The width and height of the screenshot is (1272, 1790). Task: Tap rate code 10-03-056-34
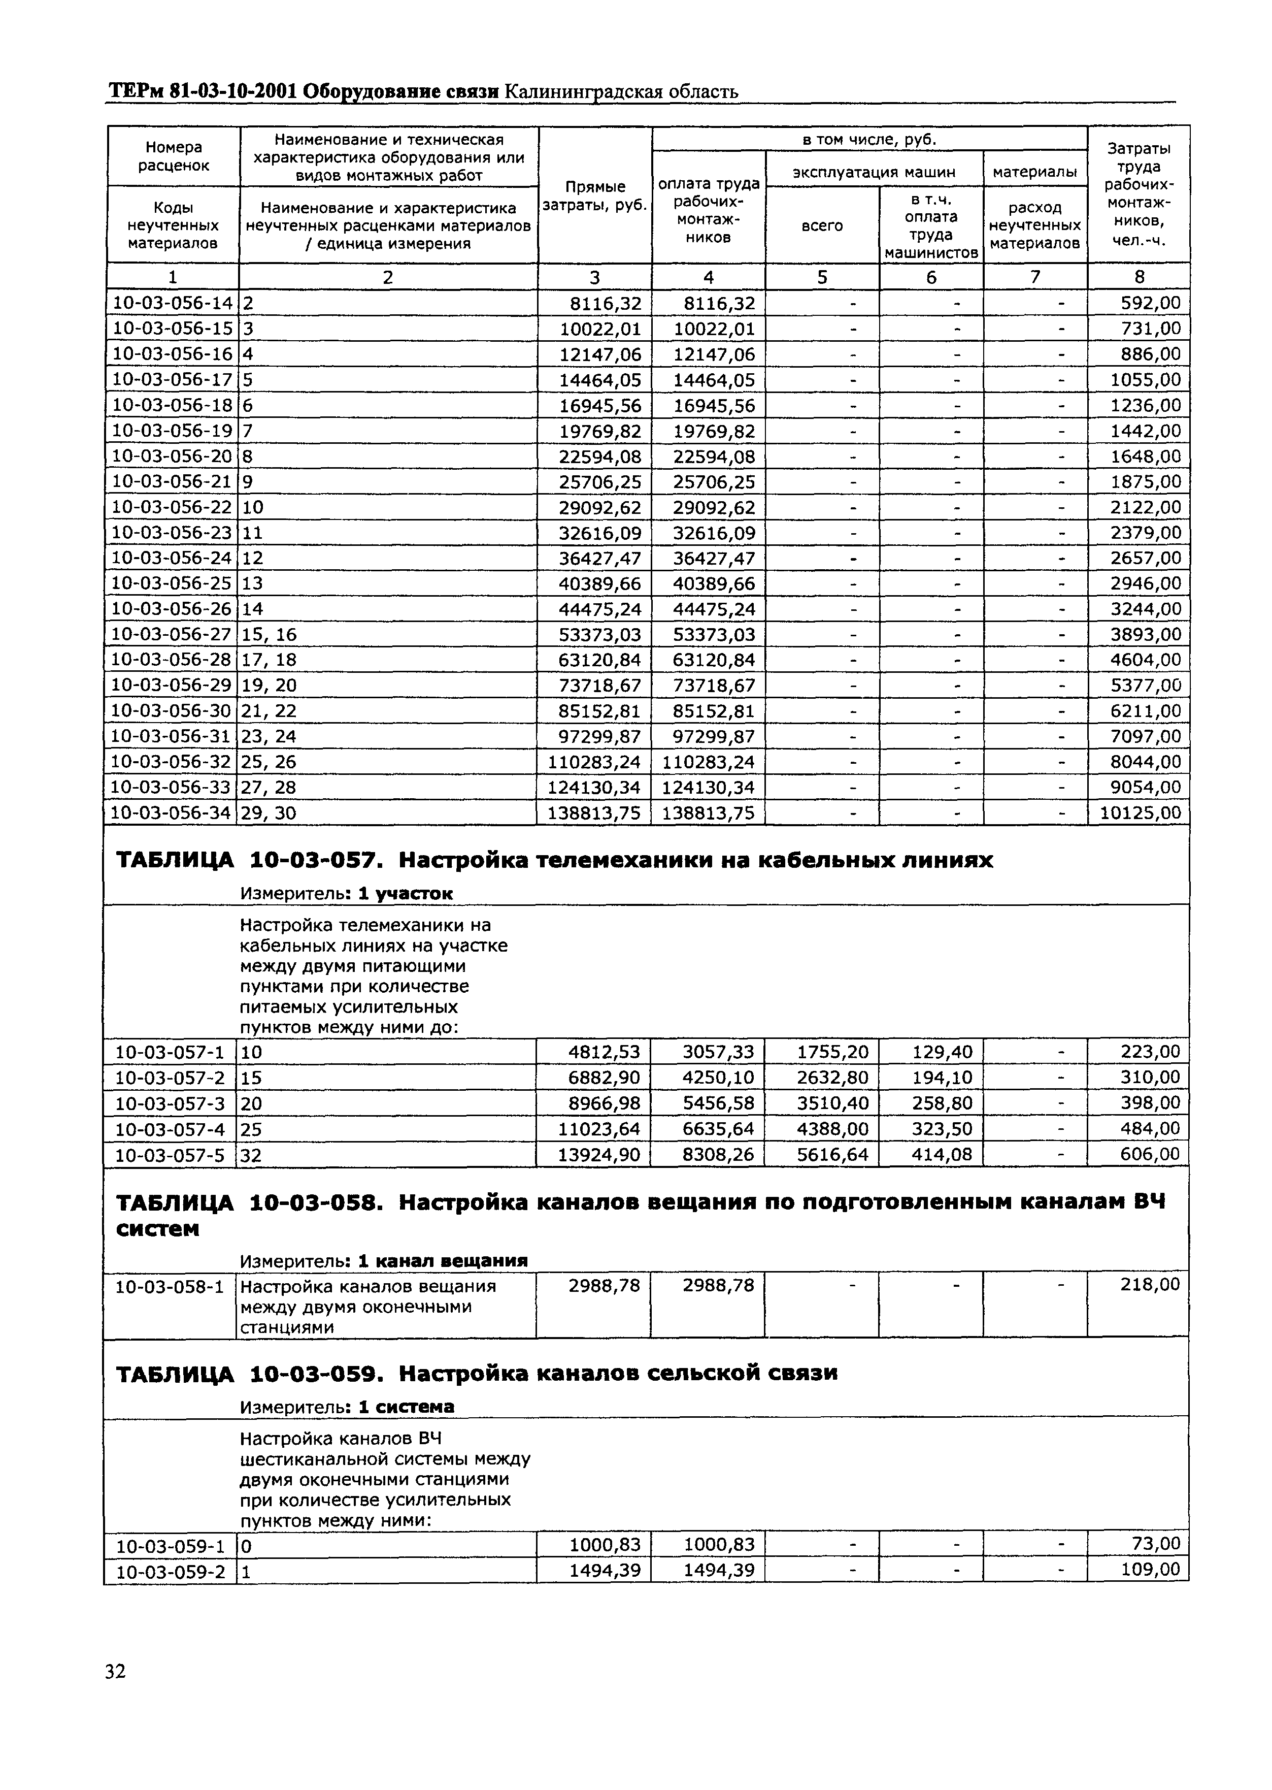click(x=172, y=813)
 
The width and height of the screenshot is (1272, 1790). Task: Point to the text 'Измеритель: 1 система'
click(x=347, y=1407)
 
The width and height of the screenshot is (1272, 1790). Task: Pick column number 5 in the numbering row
click(x=822, y=277)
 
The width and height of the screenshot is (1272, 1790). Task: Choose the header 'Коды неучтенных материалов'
click(x=173, y=225)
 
